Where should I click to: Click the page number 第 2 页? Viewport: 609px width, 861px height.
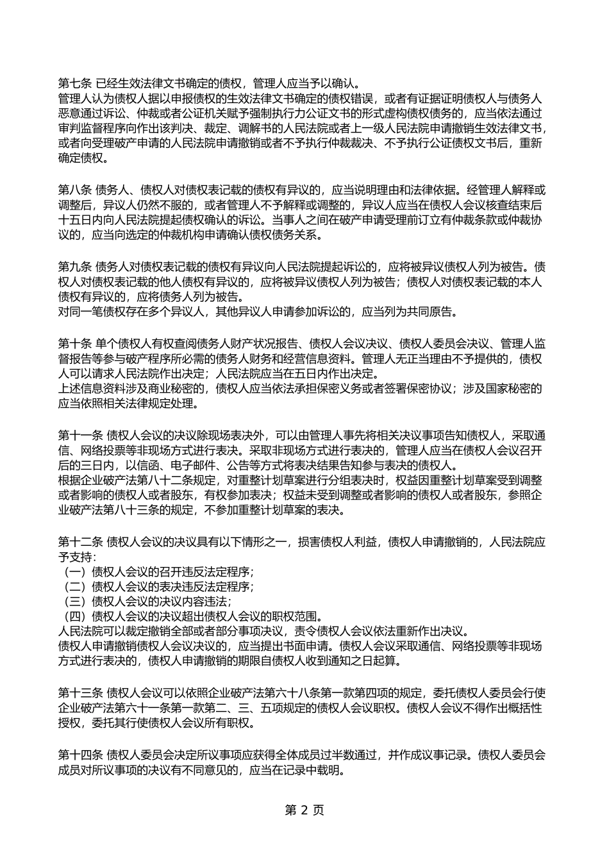(x=304, y=810)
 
